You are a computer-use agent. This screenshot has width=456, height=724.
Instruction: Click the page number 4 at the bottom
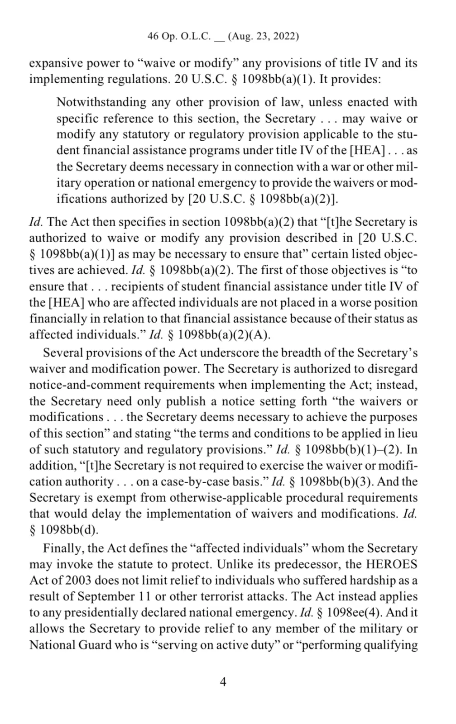coord(223,681)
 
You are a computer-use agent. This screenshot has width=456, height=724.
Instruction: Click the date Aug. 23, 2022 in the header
coord(264,37)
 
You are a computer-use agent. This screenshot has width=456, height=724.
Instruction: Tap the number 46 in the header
coord(153,37)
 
